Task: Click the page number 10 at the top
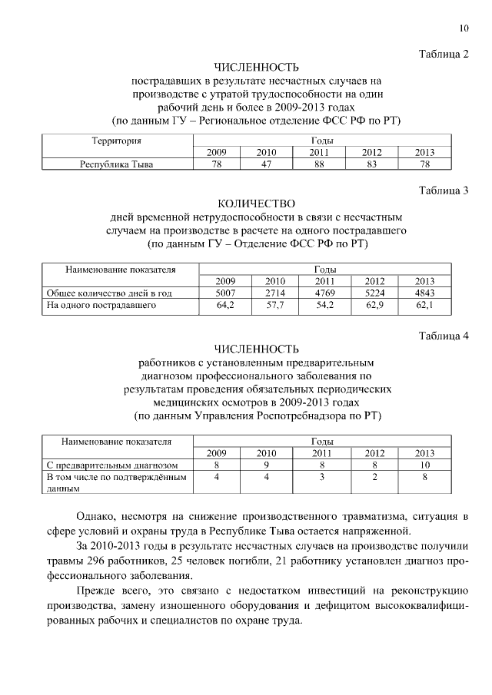point(464,29)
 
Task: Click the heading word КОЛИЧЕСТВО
point(257,204)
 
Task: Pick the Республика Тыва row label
point(117,164)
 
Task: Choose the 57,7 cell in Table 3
point(274,305)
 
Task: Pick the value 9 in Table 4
point(266,465)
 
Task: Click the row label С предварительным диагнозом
point(112,465)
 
